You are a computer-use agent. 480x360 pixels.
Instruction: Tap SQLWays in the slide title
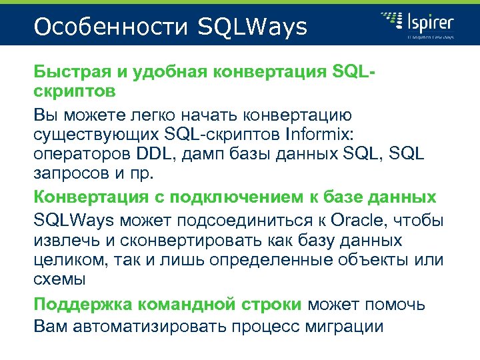[253, 27]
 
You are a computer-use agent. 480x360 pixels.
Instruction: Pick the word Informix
[321, 134]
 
